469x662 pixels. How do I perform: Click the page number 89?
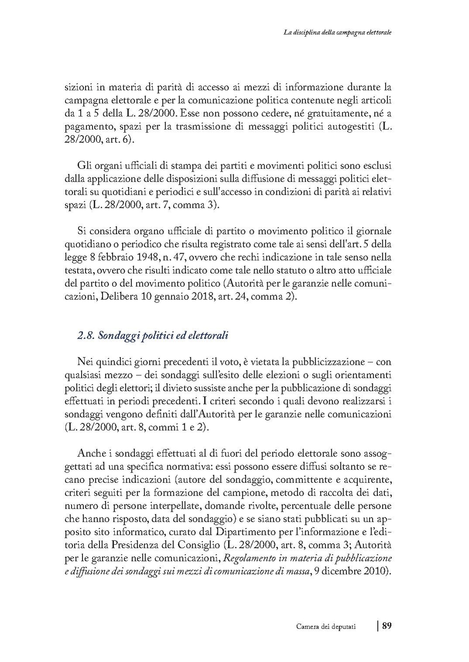click(x=386, y=626)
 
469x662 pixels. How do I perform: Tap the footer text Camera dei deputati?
click(x=326, y=627)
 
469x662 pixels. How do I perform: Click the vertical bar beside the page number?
click(x=378, y=626)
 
